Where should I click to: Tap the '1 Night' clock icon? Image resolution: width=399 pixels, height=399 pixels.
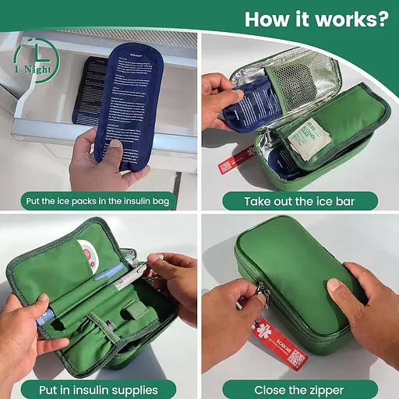(33, 58)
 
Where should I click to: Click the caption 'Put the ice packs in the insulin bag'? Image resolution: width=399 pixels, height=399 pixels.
(100, 202)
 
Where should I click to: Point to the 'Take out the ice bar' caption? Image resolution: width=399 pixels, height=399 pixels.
(300, 202)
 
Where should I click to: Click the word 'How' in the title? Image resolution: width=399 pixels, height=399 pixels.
(270, 18)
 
